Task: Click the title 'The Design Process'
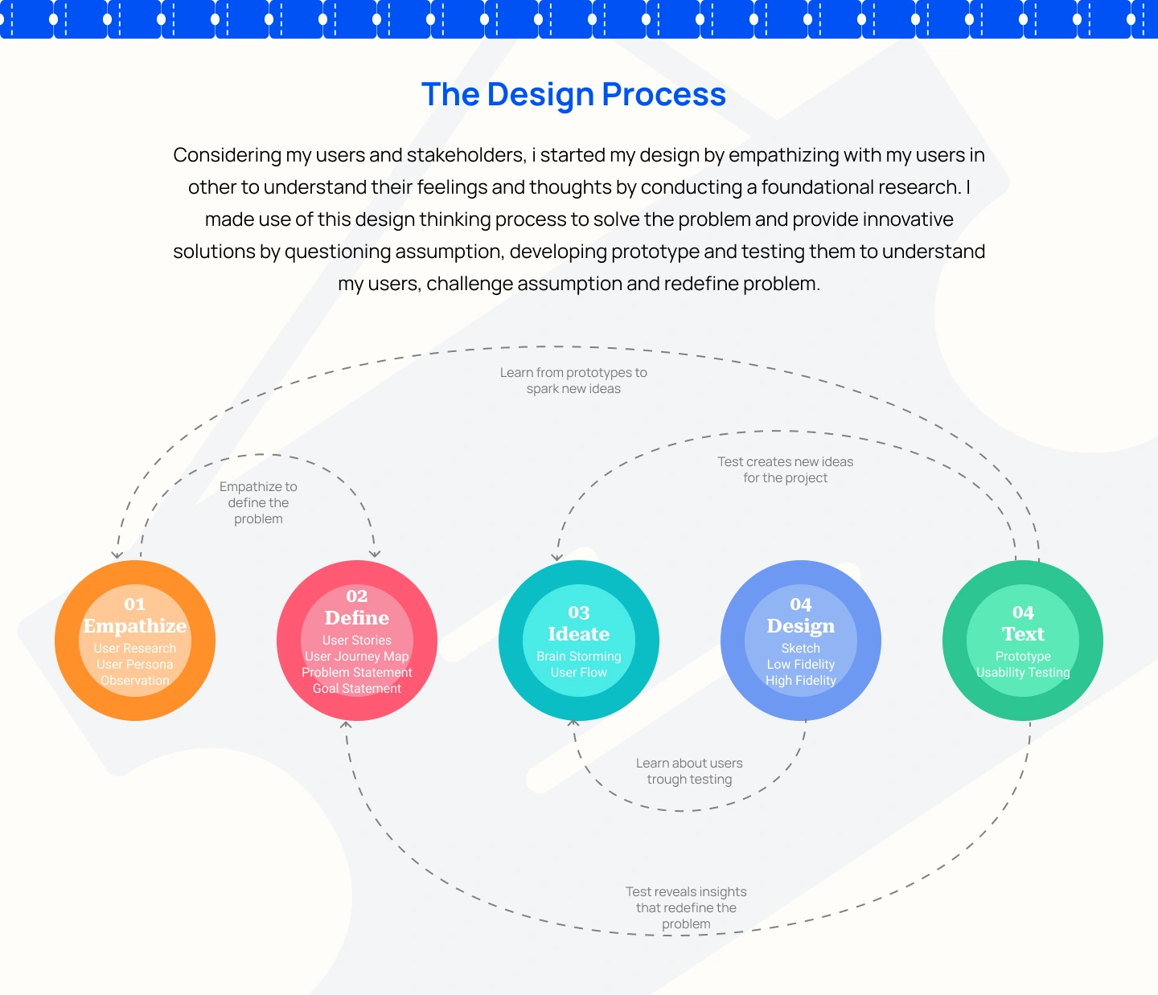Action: click(573, 94)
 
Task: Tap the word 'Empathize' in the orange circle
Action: click(135, 625)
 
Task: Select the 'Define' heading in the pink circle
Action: click(357, 617)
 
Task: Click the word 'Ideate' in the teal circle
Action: click(579, 634)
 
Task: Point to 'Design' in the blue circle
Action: click(801, 626)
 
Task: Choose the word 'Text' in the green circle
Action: click(1023, 634)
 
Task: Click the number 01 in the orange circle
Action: click(135, 604)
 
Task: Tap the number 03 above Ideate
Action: click(579, 612)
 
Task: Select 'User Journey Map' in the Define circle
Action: click(357, 657)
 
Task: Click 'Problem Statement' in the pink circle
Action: click(357, 673)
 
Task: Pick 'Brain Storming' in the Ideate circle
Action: click(579, 657)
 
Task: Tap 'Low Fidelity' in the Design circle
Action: click(801, 665)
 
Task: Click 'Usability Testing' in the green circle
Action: click(1023, 673)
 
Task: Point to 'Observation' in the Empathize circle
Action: click(135, 680)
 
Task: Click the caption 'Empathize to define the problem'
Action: click(258, 503)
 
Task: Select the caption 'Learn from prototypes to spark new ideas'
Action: click(573, 381)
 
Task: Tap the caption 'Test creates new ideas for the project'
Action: click(786, 470)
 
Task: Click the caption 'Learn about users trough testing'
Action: click(689, 771)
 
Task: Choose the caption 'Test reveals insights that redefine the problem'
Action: click(686, 907)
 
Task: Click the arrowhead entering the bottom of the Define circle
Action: click(347, 725)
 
